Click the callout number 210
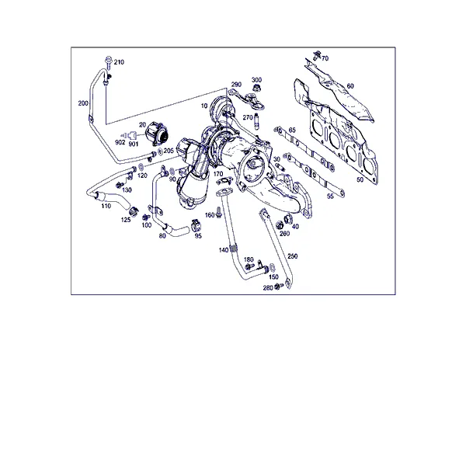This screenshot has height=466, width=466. click(119, 62)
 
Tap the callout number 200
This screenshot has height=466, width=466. click(83, 103)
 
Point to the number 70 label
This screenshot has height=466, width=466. click(325, 58)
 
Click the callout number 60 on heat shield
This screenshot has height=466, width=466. click(350, 86)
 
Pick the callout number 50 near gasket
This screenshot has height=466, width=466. click(360, 180)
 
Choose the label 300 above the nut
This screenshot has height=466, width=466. click(256, 80)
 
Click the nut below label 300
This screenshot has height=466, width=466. click(256, 88)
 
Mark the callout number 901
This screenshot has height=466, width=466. click(134, 144)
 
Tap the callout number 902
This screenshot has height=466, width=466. click(120, 143)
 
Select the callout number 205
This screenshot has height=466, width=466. click(169, 151)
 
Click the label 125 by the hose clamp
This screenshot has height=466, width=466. click(126, 221)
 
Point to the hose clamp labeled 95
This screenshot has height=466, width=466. click(196, 225)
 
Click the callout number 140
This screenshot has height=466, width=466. click(224, 250)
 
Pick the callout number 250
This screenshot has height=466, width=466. click(293, 256)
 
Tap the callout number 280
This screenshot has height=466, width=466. click(268, 288)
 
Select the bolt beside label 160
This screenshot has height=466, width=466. click(219, 213)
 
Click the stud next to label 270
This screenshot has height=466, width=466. click(256, 121)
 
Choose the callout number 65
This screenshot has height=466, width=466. click(292, 130)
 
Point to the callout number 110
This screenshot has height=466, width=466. click(106, 206)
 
